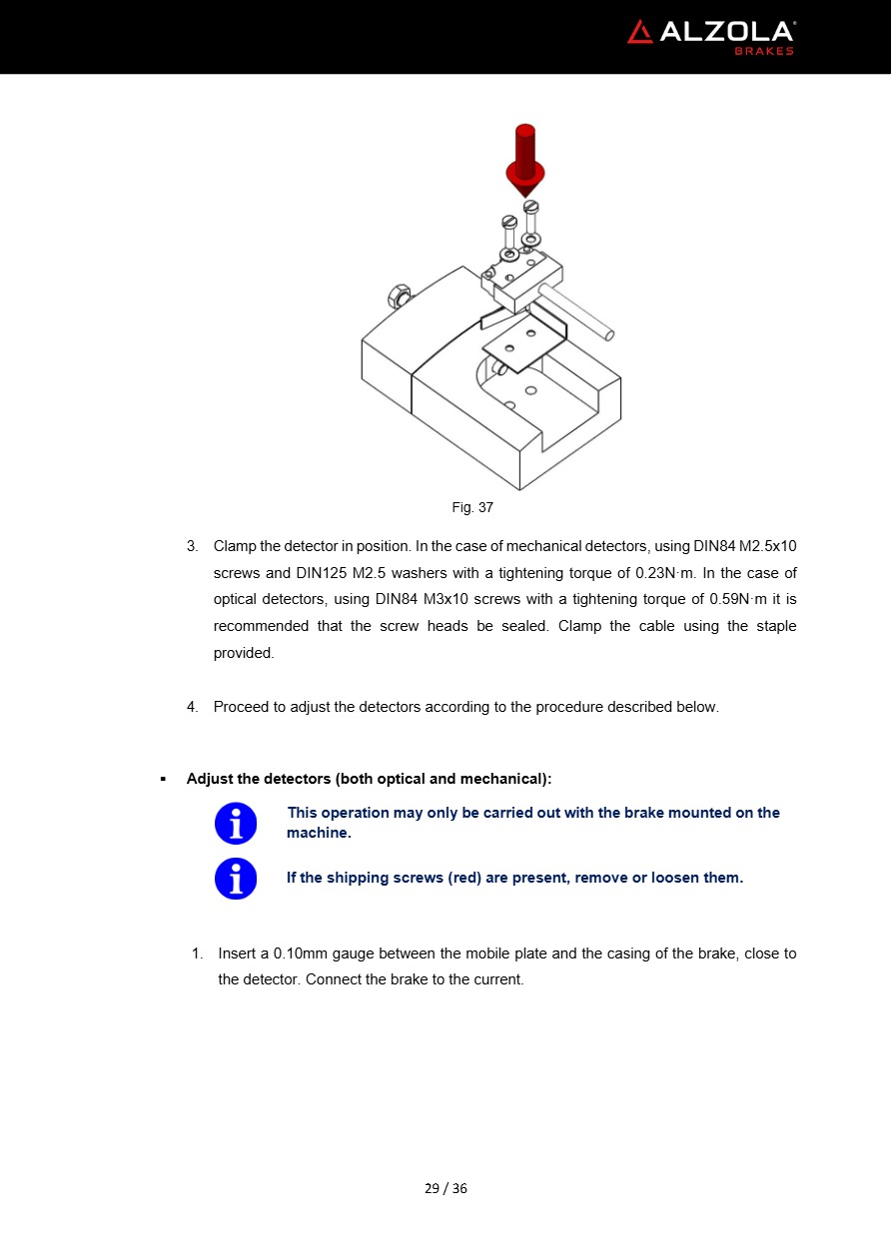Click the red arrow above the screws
tap(525, 160)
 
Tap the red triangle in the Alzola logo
tap(640, 32)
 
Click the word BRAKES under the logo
tap(764, 51)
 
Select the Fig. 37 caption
tap(472, 507)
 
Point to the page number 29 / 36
tap(445, 1188)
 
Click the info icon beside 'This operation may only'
tap(236, 824)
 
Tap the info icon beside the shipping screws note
tap(236, 879)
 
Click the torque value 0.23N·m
tap(664, 573)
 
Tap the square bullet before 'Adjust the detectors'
tap(163, 778)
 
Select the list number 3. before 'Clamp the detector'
tap(193, 546)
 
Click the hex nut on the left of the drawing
tap(397, 297)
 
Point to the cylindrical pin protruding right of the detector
tap(577, 310)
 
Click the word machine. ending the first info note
tap(319, 833)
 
